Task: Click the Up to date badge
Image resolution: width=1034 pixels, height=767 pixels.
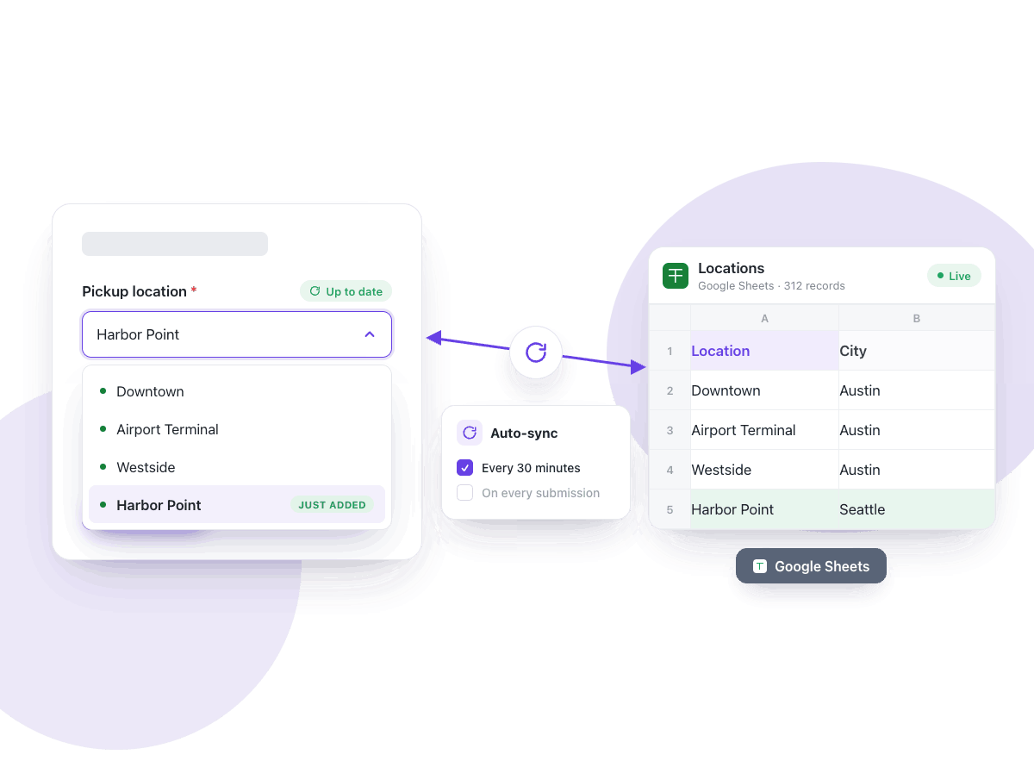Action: (346, 291)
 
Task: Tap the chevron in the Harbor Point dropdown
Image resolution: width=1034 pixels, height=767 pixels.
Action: (370, 334)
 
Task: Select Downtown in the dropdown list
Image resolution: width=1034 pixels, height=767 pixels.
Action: (150, 391)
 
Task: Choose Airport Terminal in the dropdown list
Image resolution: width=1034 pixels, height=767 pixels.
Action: (167, 429)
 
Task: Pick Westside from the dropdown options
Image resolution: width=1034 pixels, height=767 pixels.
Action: (146, 467)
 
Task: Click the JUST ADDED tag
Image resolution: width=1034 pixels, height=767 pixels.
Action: (332, 505)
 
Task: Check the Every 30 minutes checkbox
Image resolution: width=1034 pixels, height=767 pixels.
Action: (464, 468)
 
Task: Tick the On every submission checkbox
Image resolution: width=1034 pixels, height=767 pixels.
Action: (464, 493)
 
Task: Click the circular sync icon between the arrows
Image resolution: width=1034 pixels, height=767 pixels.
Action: (536, 352)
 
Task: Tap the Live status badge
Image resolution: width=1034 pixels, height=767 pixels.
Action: (954, 276)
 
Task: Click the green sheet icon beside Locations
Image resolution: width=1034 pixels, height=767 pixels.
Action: (675, 276)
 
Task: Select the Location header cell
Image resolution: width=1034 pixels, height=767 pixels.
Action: (764, 351)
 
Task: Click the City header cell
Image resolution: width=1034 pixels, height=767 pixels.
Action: (917, 351)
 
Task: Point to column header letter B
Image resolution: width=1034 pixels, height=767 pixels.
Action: (917, 319)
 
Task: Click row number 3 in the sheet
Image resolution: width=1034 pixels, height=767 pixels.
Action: (670, 430)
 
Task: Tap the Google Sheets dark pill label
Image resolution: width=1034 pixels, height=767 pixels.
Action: (811, 566)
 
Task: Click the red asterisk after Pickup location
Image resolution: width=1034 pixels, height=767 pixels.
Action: (194, 290)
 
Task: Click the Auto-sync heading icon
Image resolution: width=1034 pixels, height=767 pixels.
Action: (470, 433)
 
